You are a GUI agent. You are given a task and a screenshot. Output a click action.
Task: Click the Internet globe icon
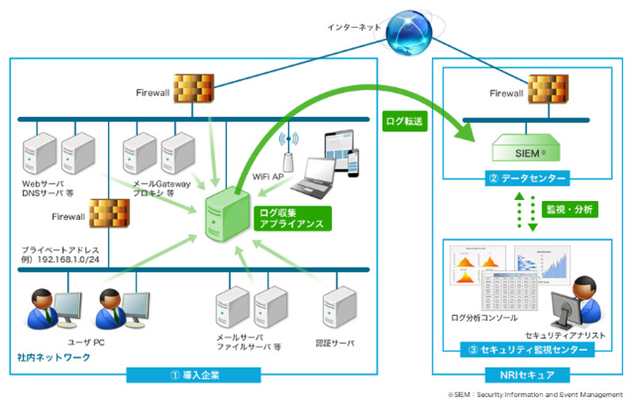click(407, 30)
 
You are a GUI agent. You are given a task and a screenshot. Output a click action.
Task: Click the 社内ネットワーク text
click(54, 357)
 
